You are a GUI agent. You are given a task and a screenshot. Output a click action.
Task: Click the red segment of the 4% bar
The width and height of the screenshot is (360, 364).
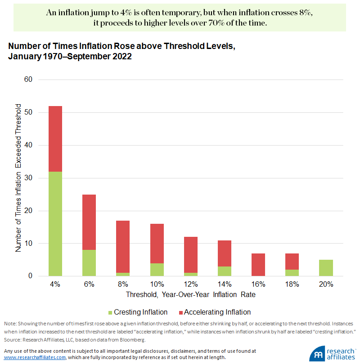[x=55, y=139]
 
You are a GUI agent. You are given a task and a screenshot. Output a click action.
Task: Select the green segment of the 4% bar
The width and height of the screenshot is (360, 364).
[x=55, y=224]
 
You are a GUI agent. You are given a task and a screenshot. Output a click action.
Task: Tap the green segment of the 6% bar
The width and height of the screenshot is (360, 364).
[x=89, y=263]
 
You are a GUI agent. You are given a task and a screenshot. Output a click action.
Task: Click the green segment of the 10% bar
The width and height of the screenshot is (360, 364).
[x=157, y=269]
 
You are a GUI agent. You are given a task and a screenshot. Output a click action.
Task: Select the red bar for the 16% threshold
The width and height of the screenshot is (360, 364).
[x=258, y=264]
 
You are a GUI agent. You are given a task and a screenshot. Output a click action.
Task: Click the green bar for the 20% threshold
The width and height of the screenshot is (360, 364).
[x=326, y=268]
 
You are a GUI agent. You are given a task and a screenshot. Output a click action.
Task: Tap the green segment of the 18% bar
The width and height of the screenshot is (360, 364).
[x=292, y=273]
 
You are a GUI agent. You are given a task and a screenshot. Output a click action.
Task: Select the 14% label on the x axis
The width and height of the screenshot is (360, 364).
[x=224, y=284]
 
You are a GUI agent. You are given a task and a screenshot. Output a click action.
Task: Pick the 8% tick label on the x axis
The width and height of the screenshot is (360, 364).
[x=123, y=284]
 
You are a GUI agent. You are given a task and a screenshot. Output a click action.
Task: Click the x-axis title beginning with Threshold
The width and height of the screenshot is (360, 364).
[x=190, y=295]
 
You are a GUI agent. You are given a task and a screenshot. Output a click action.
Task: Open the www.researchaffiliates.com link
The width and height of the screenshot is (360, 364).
[x=35, y=357]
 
